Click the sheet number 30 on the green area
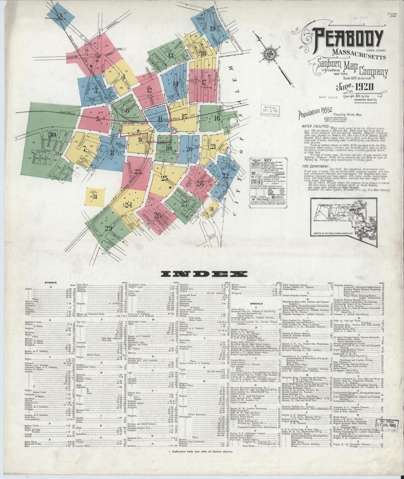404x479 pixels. (52, 134)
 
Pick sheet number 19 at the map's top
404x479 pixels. (213, 29)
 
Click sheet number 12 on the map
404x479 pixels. (149, 90)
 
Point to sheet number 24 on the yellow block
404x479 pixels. (128, 205)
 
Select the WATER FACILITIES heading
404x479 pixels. (315, 126)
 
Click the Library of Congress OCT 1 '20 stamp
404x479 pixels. (270, 111)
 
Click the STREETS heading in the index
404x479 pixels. (51, 283)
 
